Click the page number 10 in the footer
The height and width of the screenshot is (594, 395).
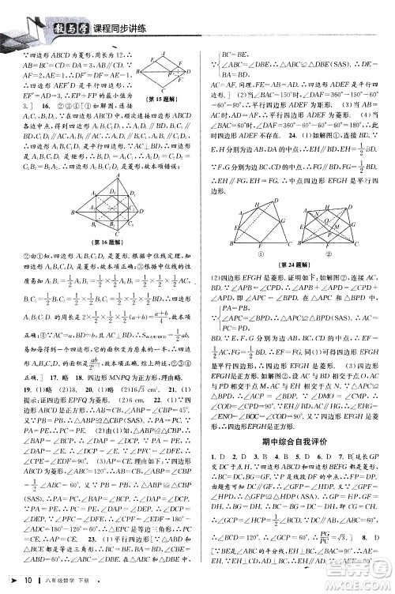pos(28,581)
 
